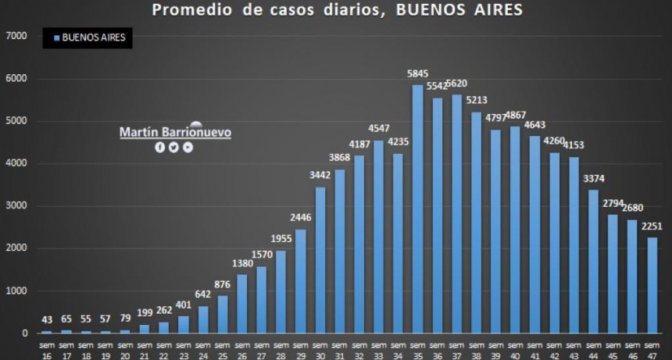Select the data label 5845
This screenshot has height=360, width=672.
tap(417, 73)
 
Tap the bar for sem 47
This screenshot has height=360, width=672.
tap(652, 286)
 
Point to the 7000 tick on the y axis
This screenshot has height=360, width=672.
tap(16, 36)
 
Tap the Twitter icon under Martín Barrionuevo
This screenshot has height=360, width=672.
tap(173, 147)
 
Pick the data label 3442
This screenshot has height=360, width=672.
tap(320, 176)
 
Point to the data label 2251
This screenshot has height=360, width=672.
tap(652, 226)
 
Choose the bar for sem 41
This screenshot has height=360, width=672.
tap(534, 234)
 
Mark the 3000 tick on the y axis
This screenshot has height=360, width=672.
tap(16, 206)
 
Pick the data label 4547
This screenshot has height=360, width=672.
tap(378, 129)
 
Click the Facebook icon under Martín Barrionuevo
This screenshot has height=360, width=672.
tap(160, 147)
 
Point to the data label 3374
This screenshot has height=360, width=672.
tap(593, 179)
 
